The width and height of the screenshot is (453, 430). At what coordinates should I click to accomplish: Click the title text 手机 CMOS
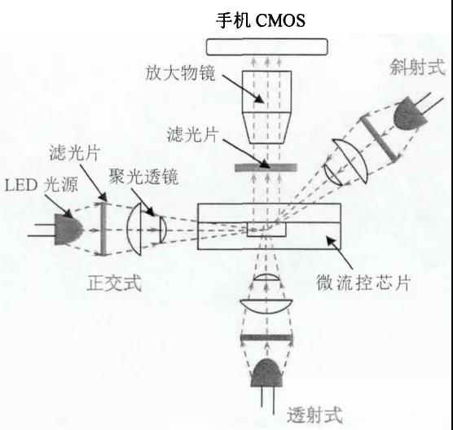(x=261, y=20)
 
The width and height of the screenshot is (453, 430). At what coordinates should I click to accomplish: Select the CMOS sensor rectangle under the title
(x=267, y=46)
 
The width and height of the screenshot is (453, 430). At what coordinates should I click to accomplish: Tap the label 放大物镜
(x=180, y=73)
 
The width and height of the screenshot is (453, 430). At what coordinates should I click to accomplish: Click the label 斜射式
(x=417, y=68)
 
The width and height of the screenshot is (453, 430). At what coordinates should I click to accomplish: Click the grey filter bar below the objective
(x=266, y=168)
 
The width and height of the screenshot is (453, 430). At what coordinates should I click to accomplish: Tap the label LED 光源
(x=42, y=184)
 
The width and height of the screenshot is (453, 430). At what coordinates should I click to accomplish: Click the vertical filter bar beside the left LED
(x=103, y=229)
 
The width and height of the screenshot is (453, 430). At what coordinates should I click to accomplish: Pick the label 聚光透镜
(x=143, y=176)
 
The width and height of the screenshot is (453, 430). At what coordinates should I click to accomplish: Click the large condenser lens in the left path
(x=134, y=229)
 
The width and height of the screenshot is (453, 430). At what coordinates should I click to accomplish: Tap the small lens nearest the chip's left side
(x=163, y=230)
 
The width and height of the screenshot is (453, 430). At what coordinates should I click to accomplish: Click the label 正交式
(x=114, y=283)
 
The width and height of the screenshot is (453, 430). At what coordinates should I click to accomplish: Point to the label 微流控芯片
(x=363, y=283)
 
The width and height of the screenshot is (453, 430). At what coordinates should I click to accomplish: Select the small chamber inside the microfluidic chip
(x=266, y=230)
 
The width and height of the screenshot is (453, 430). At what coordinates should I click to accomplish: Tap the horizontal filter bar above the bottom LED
(x=266, y=338)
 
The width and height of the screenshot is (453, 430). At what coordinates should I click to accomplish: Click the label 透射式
(x=315, y=415)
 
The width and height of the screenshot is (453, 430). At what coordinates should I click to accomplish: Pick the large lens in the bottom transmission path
(x=266, y=306)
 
